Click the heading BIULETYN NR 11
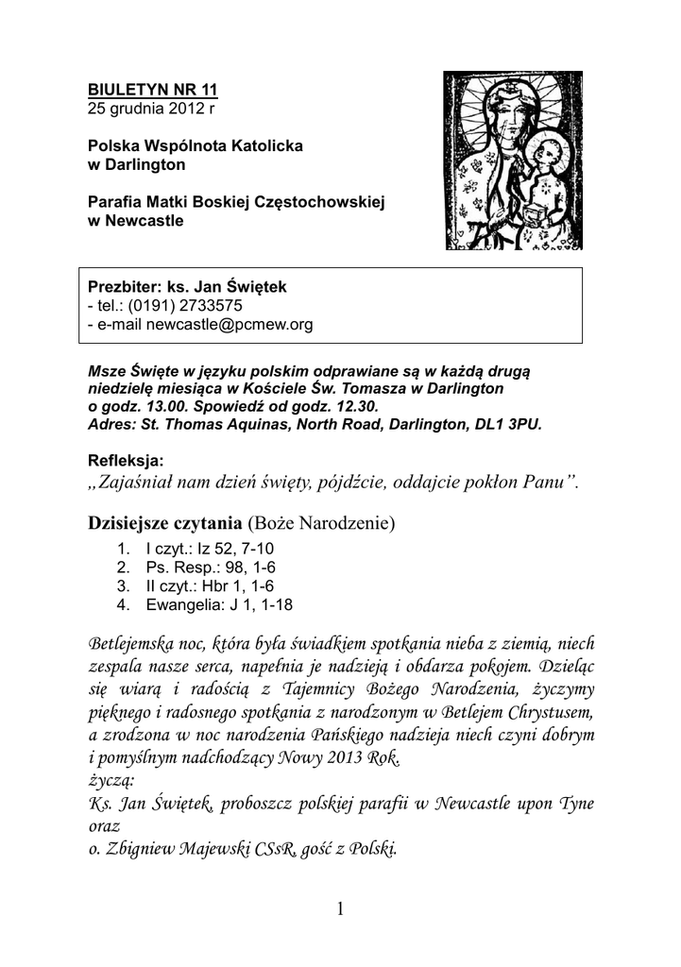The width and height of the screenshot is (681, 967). point(152,90)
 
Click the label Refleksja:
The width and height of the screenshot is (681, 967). point(126,461)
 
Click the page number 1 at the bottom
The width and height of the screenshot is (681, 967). point(341,910)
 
